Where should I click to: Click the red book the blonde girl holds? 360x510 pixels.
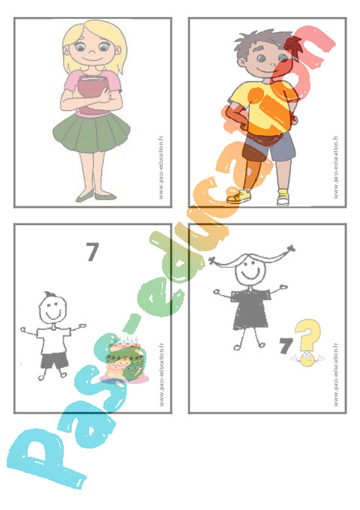(92, 94)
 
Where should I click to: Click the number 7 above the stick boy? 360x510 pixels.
(93, 251)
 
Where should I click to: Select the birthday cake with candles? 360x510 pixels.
(124, 358)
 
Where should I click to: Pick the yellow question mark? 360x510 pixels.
(308, 334)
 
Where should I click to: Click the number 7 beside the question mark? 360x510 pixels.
(286, 346)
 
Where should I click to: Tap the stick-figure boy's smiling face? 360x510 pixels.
(52, 309)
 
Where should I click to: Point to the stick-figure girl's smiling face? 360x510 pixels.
(250, 271)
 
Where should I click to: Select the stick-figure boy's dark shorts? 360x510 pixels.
(54, 361)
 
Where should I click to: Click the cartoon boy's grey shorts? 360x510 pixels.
(270, 147)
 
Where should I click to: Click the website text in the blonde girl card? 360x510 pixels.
(160, 168)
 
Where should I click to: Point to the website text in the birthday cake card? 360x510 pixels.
(162, 374)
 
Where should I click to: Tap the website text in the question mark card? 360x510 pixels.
(335, 374)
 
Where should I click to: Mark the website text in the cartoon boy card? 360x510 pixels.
(335, 167)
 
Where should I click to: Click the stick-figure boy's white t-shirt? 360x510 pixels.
(53, 340)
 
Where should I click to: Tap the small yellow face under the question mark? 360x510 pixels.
(307, 359)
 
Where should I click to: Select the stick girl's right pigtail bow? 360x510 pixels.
(290, 249)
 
